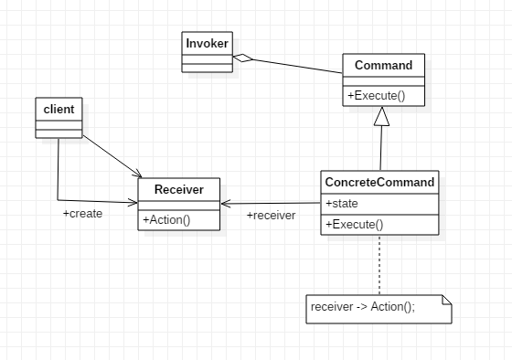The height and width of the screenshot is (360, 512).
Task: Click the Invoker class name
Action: tap(208, 42)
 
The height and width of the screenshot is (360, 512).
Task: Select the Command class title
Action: tap(383, 66)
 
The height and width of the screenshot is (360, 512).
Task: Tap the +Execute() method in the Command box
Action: tap(376, 95)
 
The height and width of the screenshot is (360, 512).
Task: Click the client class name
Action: tap(58, 110)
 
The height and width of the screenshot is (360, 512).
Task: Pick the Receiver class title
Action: tap(179, 189)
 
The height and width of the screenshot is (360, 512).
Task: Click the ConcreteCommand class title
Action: tap(379, 182)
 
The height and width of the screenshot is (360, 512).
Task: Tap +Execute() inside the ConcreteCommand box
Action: tap(354, 224)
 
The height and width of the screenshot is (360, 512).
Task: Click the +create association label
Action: tap(82, 214)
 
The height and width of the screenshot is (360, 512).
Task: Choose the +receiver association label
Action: tap(271, 216)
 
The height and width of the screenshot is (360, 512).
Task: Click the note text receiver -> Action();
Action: tap(363, 307)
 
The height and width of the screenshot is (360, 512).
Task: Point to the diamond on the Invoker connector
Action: tap(242, 58)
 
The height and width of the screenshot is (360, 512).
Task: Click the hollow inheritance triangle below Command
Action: tap(381, 115)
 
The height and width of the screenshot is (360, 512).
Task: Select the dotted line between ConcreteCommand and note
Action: tap(379, 265)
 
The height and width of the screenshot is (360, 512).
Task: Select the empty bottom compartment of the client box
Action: tap(58, 133)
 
